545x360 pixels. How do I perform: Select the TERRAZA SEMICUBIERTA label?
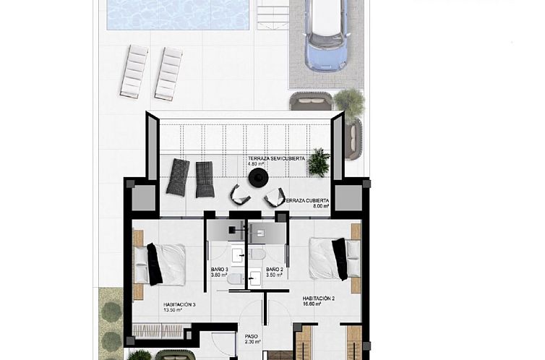pyautogui.click(x=276, y=158)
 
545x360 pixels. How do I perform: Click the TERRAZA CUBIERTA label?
pyautogui.click(x=307, y=200)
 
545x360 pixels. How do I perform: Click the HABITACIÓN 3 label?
pyautogui.click(x=179, y=304)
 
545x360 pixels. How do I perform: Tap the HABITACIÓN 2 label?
pyautogui.click(x=318, y=298)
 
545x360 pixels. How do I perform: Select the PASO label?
pyautogui.click(x=251, y=336)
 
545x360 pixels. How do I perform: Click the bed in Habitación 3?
pyautogui.click(x=158, y=264)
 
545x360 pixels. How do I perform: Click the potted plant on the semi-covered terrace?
pyautogui.click(x=318, y=162)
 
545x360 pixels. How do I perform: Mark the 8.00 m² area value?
pyautogui.click(x=321, y=206)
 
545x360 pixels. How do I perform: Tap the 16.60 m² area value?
pyautogui.click(x=312, y=304)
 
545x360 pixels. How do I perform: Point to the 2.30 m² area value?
pyautogui.click(x=252, y=342)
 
